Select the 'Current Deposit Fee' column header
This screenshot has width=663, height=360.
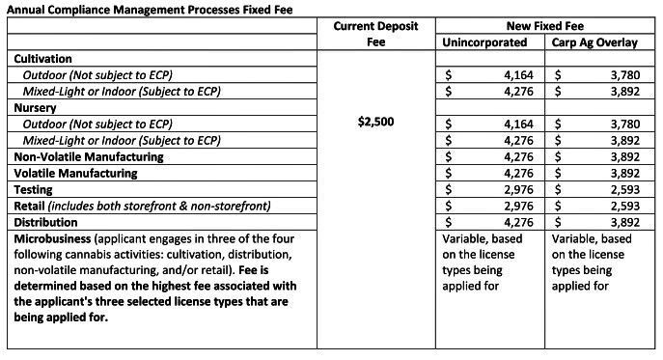[376, 35]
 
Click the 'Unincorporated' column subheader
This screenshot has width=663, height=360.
[484, 43]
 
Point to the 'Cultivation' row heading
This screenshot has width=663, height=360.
[43, 59]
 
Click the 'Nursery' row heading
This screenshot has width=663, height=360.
[35, 108]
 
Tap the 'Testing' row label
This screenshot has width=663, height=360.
[33, 189]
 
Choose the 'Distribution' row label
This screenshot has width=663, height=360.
[44, 222]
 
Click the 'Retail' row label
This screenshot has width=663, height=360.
[29, 206]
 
